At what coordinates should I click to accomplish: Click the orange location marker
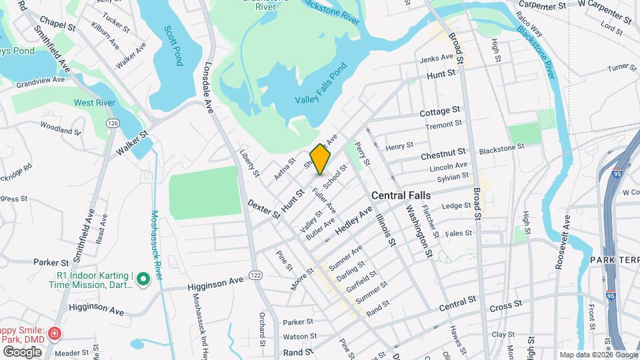pos(320,159)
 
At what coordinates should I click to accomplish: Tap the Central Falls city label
pos(401,196)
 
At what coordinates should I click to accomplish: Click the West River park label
pos(94,103)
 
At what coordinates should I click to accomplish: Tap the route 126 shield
pos(113,124)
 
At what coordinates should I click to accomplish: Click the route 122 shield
pos(255,275)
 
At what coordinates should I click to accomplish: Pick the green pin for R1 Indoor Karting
pos(143,281)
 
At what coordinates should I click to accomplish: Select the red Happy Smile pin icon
pos(55,333)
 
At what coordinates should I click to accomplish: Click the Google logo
pos(22,351)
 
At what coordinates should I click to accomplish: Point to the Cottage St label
pos(440,110)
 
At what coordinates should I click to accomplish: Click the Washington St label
pos(417,231)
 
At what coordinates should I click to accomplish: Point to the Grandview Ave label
pos(41,80)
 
